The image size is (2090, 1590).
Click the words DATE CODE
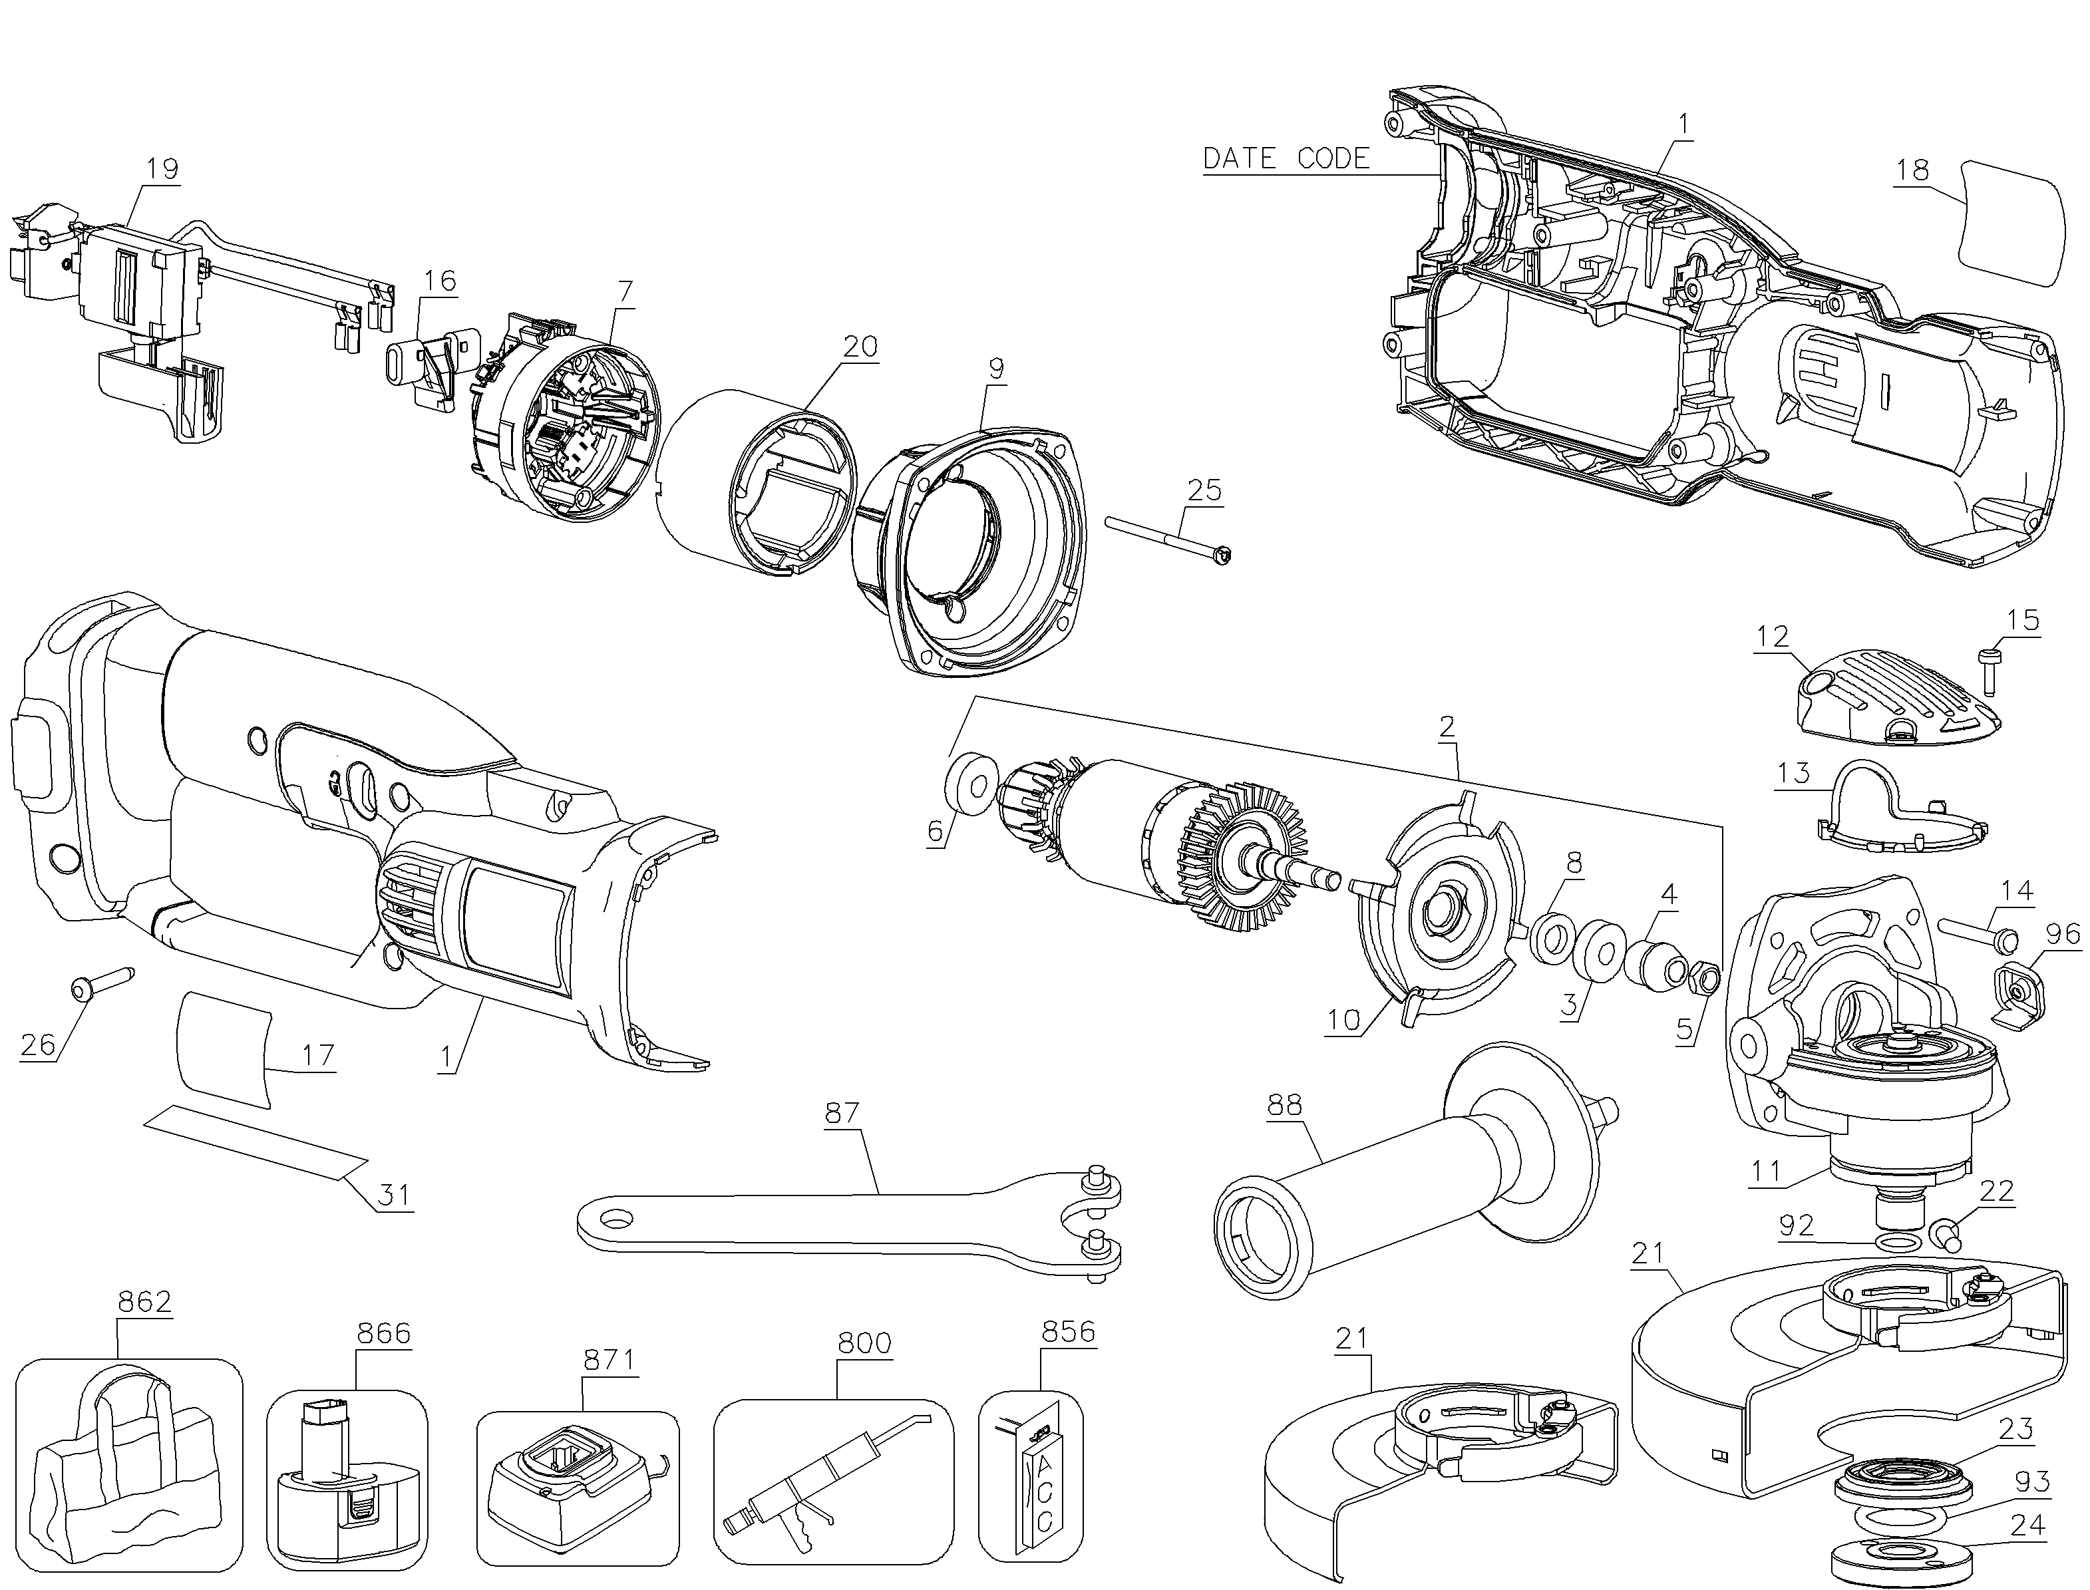click(1286, 158)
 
